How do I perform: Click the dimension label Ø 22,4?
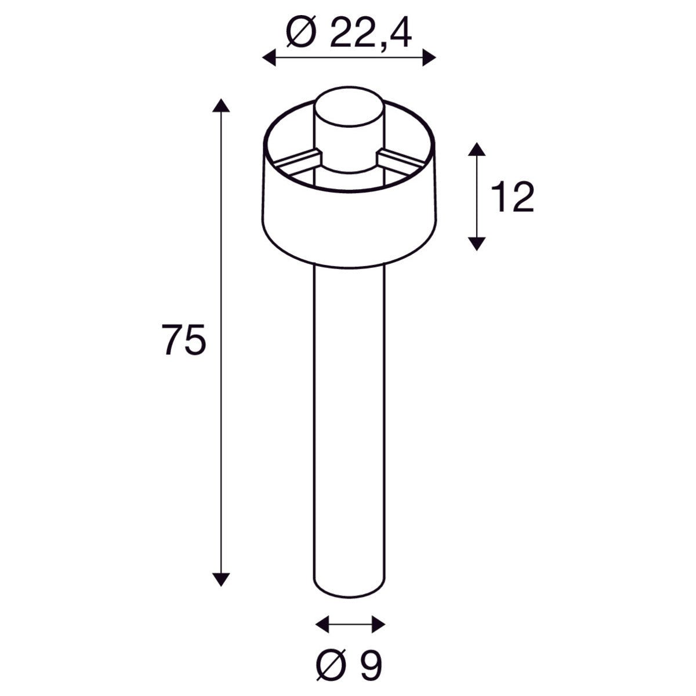point(349,34)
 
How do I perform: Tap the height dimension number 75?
point(184,340)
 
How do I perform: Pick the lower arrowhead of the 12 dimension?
point(476,243)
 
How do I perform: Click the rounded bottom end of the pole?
point(349,589)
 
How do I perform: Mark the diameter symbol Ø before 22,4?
point(301,34)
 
